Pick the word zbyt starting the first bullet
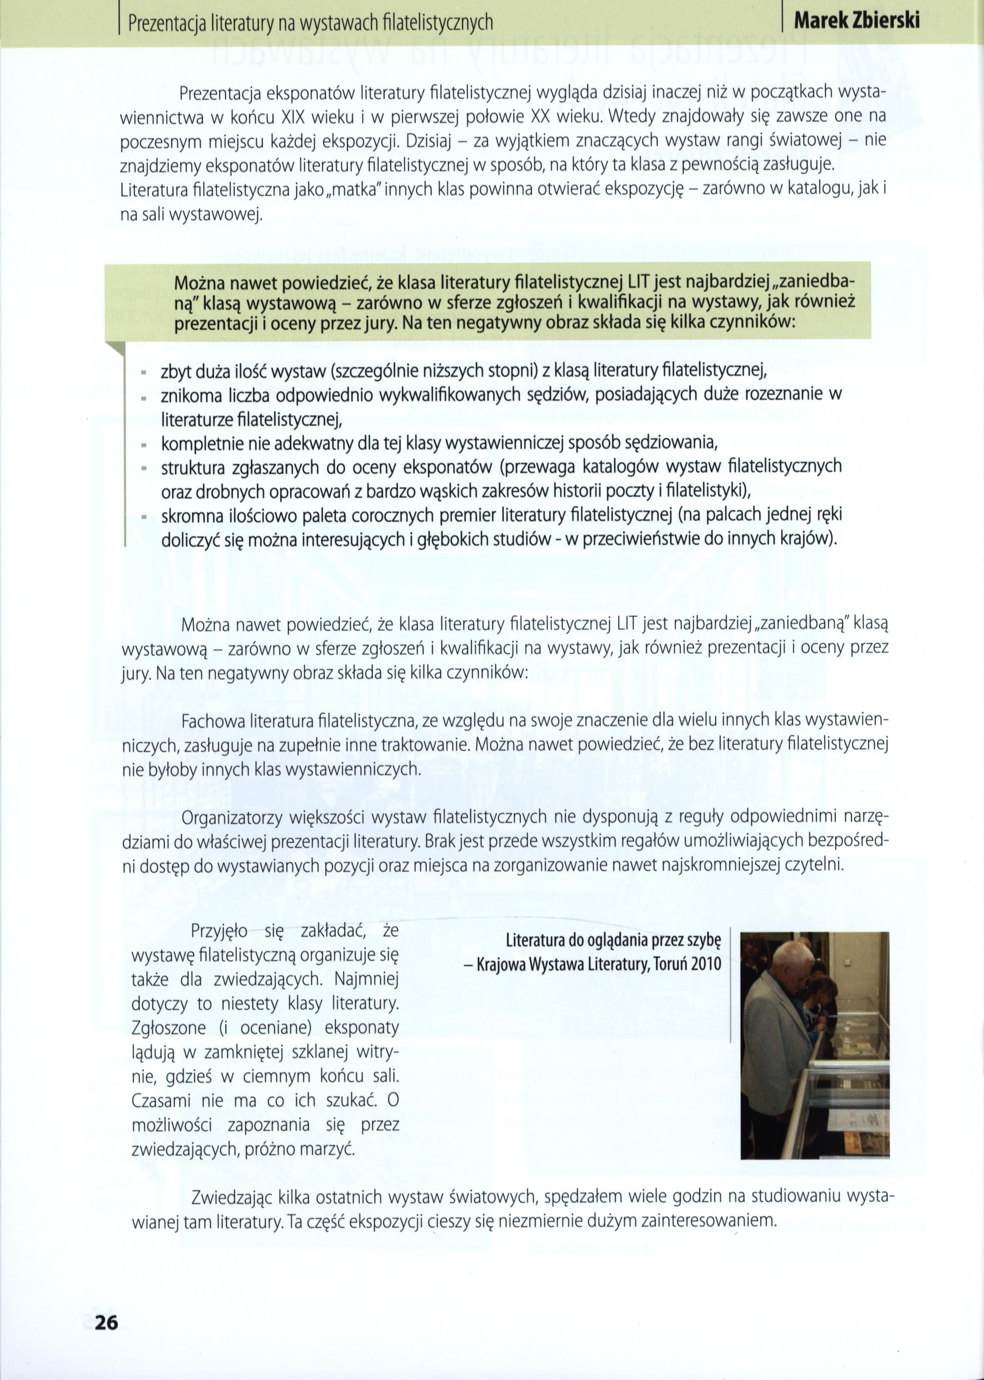(x=176, y=371)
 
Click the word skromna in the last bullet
(x=190, y=516)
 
